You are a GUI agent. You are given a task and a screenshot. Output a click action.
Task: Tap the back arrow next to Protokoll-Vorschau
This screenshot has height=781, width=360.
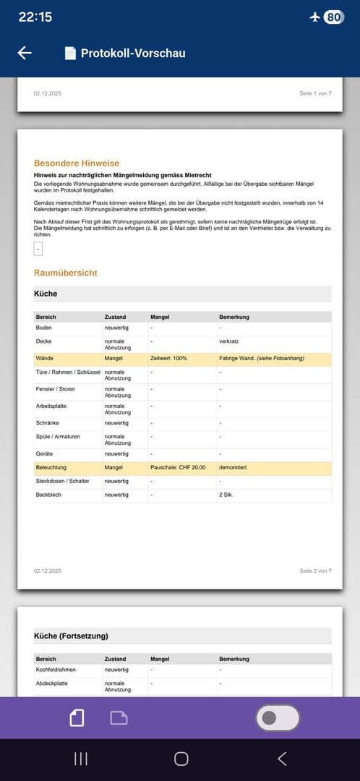click(25, 53)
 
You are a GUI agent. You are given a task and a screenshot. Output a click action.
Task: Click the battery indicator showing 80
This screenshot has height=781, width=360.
click(333, 17)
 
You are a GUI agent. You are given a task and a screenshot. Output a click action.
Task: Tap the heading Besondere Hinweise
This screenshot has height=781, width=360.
click(77, 163)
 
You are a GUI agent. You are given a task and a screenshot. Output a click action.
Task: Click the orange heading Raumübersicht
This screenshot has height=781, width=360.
click(66, 273)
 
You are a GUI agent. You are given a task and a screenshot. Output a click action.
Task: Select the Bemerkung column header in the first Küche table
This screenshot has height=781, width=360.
click(235, 317)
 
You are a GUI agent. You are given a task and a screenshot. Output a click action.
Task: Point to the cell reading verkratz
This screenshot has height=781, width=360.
click(231, 341)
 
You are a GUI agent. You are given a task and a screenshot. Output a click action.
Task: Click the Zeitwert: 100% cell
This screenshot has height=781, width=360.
click(168, 358)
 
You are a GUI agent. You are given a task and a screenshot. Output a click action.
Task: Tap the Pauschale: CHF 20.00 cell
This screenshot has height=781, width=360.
click(178, 468)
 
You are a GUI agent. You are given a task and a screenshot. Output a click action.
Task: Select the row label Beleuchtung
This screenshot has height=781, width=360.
click(51, 468)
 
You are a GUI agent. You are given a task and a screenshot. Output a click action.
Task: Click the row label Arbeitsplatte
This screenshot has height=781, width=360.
click(51, 406)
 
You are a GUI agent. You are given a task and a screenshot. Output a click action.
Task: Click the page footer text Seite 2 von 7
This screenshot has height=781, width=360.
click(315, 571)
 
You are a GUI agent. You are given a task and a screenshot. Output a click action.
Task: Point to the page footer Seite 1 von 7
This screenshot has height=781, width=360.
click(315, 94)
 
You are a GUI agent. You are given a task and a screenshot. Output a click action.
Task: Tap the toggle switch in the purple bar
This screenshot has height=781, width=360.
click(278, 717)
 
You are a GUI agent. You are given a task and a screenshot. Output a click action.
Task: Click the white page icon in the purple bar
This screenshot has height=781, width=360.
click(77, 717)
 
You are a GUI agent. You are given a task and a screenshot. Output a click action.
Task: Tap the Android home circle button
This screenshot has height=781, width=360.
click(181, 759)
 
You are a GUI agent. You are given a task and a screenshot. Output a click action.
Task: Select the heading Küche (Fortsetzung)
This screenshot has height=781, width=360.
click(71, 636)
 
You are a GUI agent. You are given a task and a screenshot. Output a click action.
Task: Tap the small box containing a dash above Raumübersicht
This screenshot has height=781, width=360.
click(38, 249)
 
